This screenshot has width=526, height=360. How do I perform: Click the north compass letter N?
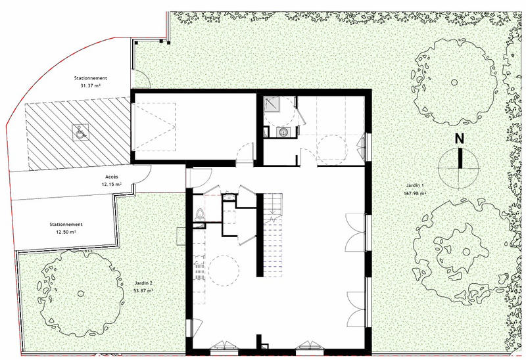coord(460,139)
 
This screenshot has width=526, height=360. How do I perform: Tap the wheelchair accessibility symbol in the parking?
coord(78,132)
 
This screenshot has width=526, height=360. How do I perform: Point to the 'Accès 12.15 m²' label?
coord(111,181)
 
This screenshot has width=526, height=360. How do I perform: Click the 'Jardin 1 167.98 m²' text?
coord(414,190)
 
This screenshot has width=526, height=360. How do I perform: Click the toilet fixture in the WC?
coord(200,214)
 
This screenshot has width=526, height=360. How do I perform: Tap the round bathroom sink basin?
coord(283,133)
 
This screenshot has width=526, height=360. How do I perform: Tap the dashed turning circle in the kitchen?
coord(224,269)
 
